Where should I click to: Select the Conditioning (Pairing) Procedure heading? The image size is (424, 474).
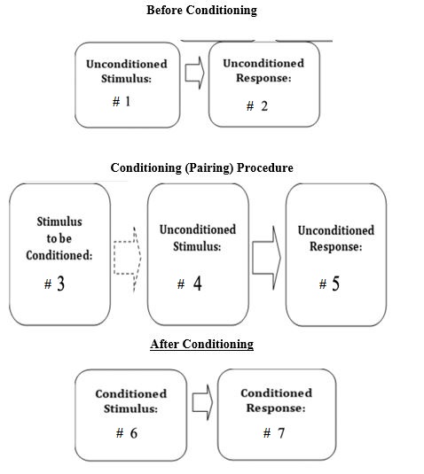pos(201,167)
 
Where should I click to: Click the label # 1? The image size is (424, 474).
pos(122,102)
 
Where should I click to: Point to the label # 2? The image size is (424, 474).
pos(256,106)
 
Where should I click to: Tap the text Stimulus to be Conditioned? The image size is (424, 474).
pos(60,238)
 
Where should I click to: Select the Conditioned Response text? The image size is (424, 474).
pos(276,400)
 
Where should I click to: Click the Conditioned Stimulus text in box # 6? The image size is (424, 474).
pos(130,400)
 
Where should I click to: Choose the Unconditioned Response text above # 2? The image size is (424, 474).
pos(263,70)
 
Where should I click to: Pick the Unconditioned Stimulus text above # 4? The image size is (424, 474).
pos(197,237)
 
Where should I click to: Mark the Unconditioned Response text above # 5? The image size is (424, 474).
pos(335,237)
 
